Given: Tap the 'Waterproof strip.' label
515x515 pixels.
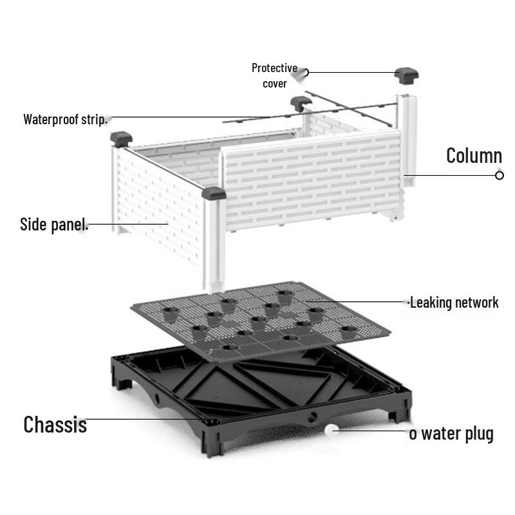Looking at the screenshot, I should (65, 119).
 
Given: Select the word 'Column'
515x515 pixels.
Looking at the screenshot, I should (474, 155).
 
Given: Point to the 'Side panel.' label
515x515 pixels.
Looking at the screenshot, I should (54, 225).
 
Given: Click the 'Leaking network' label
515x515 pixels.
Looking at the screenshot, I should (454, 302).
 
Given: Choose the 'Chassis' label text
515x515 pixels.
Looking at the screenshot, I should (55, 424).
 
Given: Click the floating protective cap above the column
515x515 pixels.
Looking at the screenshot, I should (406, 74).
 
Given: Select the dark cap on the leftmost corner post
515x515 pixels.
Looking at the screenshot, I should (121, 138).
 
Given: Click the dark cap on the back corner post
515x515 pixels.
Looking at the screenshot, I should (299, 102).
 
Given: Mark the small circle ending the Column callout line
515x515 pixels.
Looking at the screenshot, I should (500, 175).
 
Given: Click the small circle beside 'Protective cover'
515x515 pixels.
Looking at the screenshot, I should (306, 72).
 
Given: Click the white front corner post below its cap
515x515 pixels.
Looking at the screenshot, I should (214, 245).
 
